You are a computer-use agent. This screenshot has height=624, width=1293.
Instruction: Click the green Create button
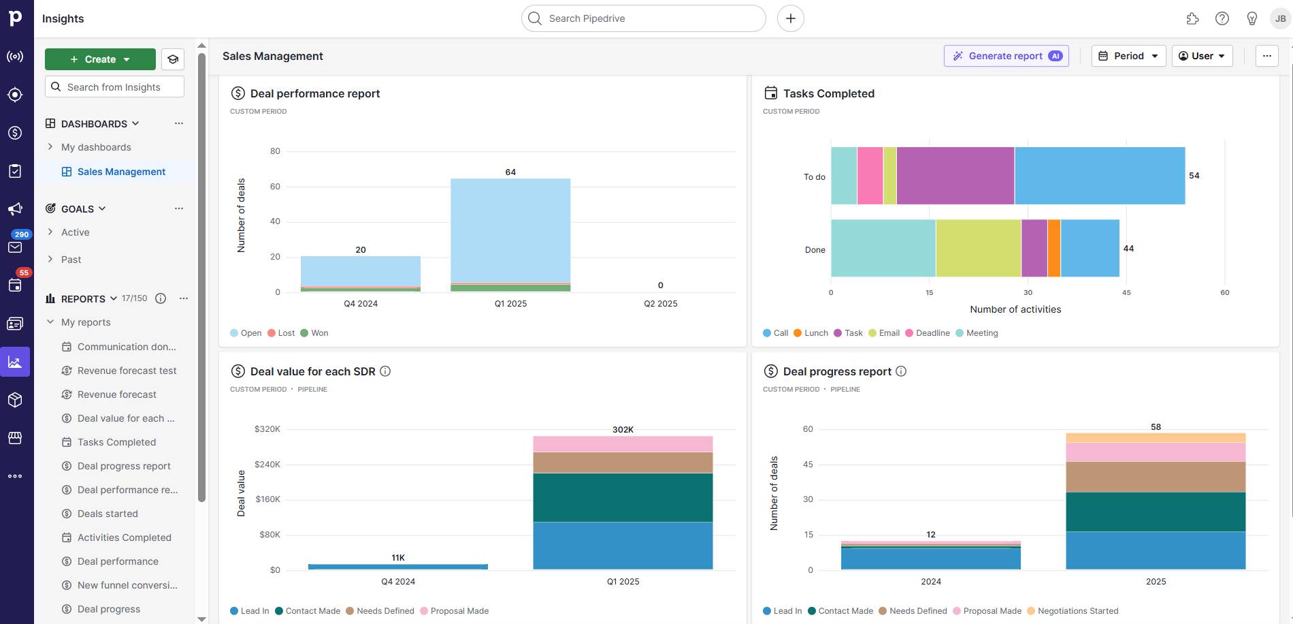(100, 59)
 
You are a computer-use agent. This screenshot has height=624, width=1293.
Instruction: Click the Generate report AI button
(1006, 56)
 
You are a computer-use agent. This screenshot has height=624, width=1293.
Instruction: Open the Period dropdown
(1128, 56)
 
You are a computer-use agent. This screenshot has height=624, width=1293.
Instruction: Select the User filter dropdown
(1202, 56)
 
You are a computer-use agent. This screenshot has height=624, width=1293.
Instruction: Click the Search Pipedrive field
(643, 18)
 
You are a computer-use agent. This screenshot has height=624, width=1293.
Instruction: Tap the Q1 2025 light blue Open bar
(510, 230)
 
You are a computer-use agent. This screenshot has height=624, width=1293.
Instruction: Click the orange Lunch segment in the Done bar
(1053, 248)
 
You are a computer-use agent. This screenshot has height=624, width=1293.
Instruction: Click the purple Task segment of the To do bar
(955, 176)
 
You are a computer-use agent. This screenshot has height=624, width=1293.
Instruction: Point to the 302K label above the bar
(623, 429)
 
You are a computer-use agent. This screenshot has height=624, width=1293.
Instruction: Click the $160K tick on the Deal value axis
(267, 499)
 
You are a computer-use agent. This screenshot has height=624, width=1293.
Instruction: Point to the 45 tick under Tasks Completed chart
(1126, 292)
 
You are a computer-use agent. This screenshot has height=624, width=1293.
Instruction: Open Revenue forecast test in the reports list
(127, 371)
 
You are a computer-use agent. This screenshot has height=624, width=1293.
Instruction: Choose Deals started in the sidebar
(108, 514)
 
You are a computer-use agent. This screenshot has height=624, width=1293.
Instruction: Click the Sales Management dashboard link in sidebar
(121, 172)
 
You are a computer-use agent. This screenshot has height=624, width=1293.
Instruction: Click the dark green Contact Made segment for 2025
(1155, 512)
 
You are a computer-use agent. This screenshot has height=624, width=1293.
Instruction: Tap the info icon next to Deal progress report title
(901, 371)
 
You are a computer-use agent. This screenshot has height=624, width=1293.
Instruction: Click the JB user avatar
(1280, 18)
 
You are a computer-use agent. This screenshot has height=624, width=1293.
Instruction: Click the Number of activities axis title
(1015, 309)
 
